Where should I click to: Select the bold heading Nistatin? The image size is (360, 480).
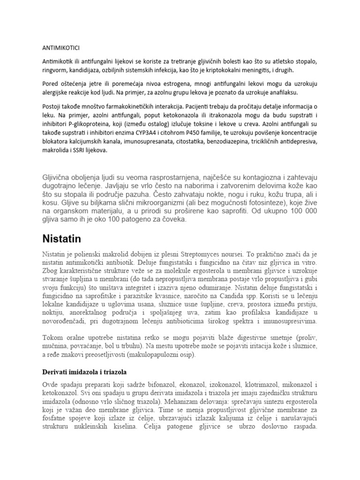pyautogui.click(x=59, y=239)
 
